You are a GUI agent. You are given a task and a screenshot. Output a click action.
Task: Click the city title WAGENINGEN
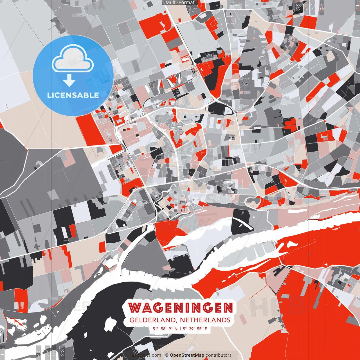click(181, 307)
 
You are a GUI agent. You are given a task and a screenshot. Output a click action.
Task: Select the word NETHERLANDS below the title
click(205, 320)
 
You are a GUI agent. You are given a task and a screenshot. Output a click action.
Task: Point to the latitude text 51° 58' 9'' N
click(165, 328)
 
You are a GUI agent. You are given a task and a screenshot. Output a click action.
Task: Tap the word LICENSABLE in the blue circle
click(73, 95)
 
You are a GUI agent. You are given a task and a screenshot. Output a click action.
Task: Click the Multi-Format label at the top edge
click(180, 3)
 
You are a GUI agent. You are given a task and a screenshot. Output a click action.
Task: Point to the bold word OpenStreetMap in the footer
click(187, 355)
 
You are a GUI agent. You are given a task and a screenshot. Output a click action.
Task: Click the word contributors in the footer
click(219, 355)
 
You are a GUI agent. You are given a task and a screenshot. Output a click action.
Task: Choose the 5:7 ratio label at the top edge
click(305, 7)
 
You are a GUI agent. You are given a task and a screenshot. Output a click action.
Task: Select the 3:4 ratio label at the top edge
click(313, 7)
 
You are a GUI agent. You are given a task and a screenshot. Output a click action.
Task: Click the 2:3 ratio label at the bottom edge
click(62, 352)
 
